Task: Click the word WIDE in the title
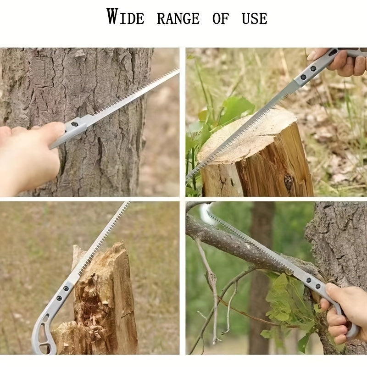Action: click(x=125, y=17)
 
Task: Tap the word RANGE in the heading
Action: click(x=178, y=18)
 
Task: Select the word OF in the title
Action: click(x=221, y=18)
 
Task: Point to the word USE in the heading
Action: click(x=255, y=18)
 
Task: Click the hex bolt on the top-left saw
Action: click(x=75, y=124)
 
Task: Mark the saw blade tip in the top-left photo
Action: click(x=177, y=71)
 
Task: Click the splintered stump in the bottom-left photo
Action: click(x=103, y=298)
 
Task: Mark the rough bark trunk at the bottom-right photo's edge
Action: click(x=339, y=243)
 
